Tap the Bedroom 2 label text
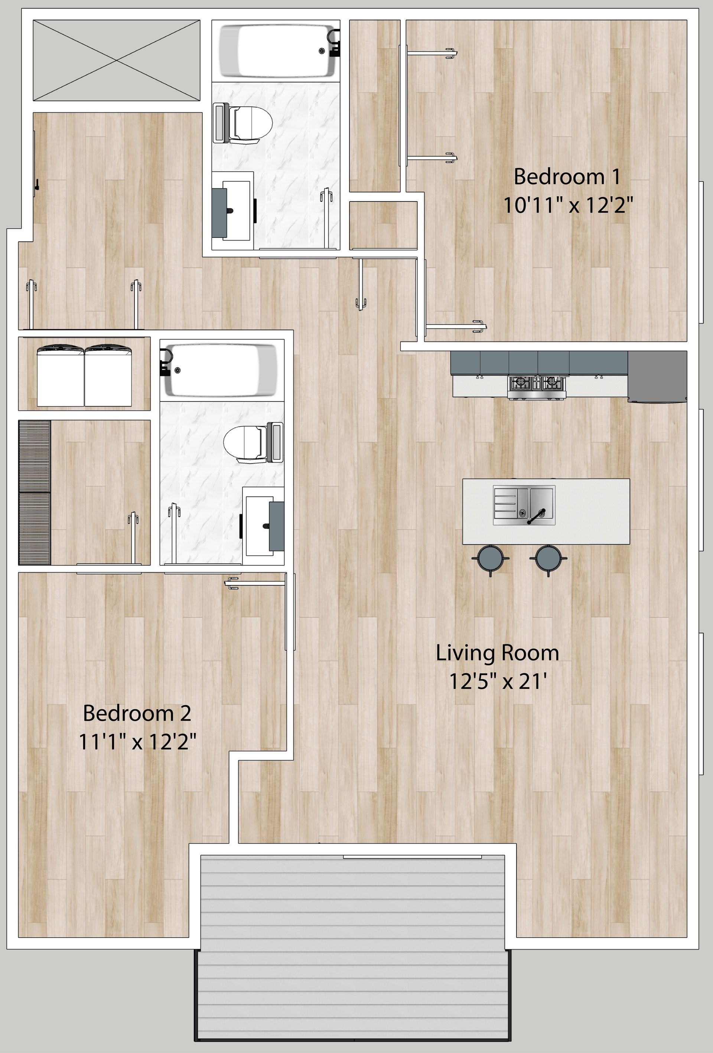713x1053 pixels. coord(137,713)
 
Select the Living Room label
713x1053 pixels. coord(497,653)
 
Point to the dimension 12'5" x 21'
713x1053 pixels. coord(497,681)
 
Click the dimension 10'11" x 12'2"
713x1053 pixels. coord(568,206)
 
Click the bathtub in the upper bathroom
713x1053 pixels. coord(277,50)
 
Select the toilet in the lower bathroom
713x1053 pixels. coord(249,443)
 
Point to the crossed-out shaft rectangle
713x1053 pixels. coord(117,60)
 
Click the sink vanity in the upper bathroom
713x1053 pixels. coord(231,211)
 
